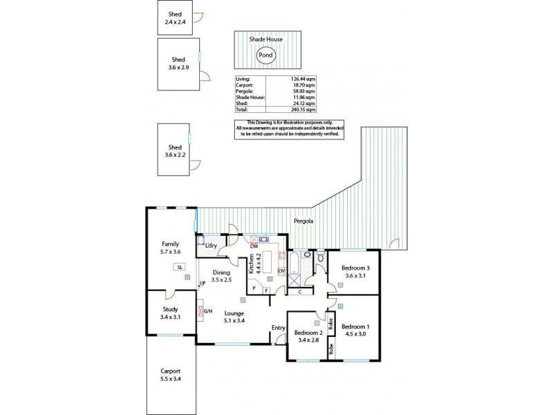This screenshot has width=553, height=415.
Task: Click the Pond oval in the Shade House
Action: point(265,55)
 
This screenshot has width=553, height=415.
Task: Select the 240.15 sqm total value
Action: point(303,109)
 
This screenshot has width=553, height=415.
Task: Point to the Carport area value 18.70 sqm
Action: point(305,85)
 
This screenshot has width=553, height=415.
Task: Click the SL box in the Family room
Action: point(179,266)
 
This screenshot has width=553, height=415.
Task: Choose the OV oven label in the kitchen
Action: point(281,270)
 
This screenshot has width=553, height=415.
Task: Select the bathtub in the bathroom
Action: point(295,264)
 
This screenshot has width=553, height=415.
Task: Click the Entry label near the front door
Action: point(279,328)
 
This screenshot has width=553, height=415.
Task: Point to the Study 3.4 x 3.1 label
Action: point(171,313)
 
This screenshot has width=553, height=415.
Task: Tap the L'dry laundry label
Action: point(212,246)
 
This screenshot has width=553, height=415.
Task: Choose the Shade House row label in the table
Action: point(250,97)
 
